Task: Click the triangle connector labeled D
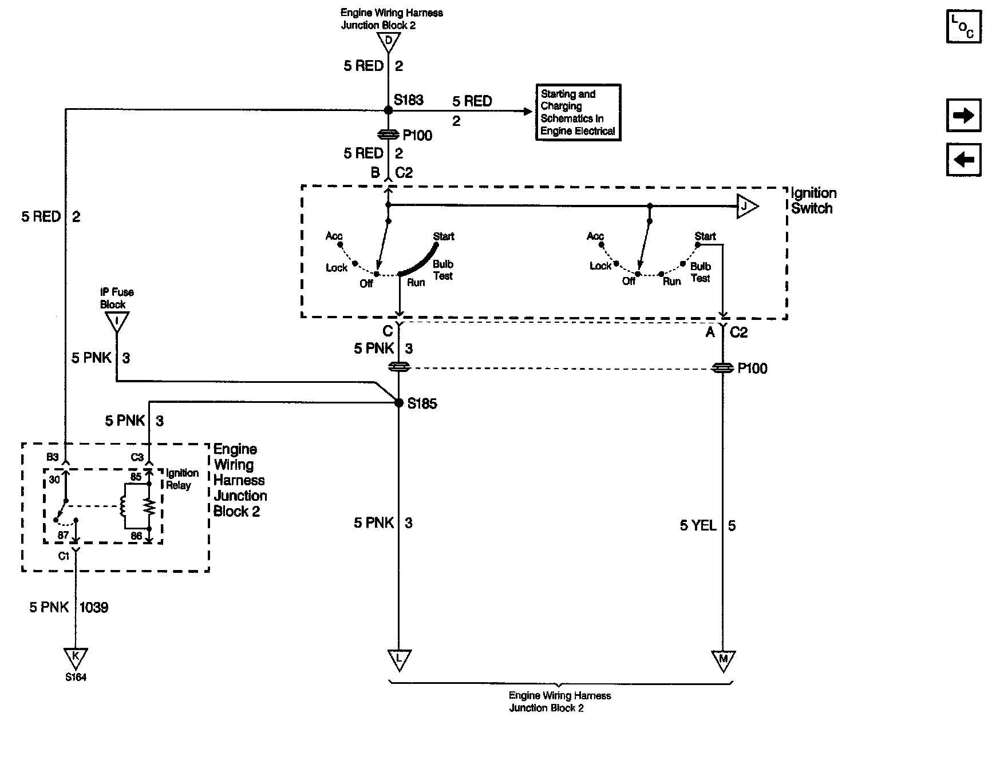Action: tap(389, 41)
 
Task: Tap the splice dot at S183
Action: tap(389, 109)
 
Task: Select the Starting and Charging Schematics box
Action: tap(578, 112)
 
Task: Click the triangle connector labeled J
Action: tap(746, 206)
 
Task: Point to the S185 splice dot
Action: tap(399, 403)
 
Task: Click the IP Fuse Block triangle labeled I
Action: tap(117, 322)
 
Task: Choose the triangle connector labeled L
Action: tap(399, 660)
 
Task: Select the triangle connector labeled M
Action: tap(723, 660)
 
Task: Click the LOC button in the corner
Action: tap(964, 27)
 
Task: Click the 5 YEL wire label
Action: tap(698, 525)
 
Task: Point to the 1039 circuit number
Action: tap(93, 607)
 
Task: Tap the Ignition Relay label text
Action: tap(182, 479)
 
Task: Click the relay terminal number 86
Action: tap(136, 536)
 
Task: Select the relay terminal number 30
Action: tap(54, 480)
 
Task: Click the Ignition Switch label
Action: tap(813, 201)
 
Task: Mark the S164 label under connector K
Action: tap(76, 678)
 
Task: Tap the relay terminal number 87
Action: tap(63, 536)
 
